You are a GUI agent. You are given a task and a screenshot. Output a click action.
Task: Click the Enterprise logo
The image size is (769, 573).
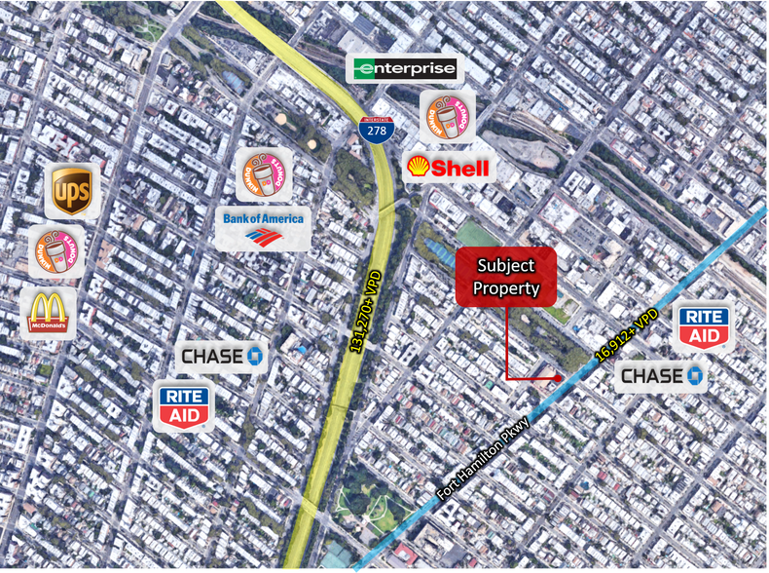(404, 68)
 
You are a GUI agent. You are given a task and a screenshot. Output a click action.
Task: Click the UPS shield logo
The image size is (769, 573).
(72, 191)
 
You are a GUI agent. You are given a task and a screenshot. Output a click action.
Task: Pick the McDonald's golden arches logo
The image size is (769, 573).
(48, 312)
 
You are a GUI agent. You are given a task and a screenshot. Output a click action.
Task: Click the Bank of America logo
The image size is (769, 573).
(263, 227)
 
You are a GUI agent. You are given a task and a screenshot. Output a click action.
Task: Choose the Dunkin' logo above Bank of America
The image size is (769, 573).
(263, 175)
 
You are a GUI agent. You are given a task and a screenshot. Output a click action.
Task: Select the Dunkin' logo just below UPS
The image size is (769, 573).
(55, 251)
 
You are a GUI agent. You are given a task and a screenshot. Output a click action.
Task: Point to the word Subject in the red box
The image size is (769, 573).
(506, 265)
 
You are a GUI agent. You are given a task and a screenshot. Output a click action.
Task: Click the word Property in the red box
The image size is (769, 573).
(506, 287)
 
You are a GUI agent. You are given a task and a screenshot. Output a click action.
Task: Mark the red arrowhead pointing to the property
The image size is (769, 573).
(557, 376)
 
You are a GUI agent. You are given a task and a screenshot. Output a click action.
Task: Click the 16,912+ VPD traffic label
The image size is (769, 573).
(628, 336)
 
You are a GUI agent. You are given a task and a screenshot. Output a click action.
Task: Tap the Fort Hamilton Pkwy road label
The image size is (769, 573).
(484, 458)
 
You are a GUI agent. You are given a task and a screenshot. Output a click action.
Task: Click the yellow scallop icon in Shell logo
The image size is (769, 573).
(418, 167)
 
